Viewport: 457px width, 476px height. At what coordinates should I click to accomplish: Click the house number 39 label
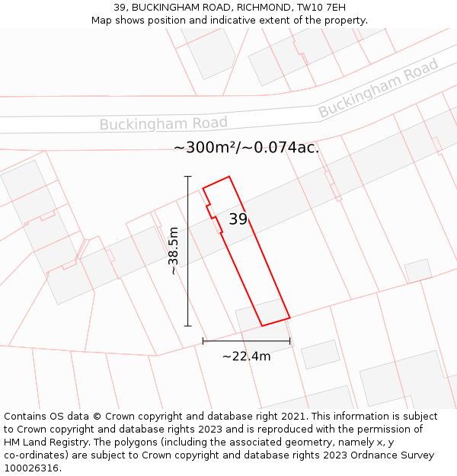point(238,219)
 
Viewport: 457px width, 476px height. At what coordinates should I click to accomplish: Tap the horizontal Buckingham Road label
point(163,123)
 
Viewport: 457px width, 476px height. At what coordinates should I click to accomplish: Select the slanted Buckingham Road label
point(379,88)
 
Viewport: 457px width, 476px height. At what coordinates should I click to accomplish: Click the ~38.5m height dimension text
point(174,251)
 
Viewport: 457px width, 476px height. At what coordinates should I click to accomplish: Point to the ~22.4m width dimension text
point(246,356)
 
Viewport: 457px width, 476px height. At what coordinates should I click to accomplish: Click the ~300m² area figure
point(204,148)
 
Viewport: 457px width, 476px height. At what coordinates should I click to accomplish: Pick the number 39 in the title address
point(120,8)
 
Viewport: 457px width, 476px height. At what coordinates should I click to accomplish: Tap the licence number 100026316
point(31,468)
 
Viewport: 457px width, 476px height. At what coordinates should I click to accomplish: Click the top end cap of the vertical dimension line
point(188,177)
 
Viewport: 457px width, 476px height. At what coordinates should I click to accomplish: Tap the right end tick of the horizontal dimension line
point(290,341)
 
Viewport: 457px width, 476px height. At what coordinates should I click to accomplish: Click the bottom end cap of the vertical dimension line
point(188,326)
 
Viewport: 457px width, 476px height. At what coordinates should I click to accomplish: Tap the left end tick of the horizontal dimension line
point(203,341)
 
